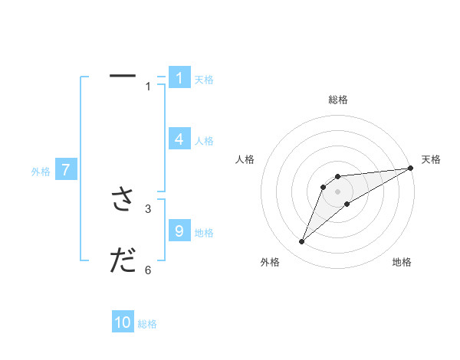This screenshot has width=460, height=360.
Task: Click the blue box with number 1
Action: [x=179, y=77]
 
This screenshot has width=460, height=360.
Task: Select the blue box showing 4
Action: [x=179, y=139]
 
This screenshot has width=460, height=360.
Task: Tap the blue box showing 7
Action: [x=66, y=170]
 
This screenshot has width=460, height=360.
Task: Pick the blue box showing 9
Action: [x=179, y=231]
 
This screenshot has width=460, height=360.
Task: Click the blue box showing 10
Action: [x=123, y=322]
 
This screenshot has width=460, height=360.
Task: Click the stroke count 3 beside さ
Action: [x=149, y=208]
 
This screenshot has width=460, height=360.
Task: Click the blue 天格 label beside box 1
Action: [x=204, y=80]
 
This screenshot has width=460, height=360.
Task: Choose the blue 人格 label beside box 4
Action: [x=204, y=141]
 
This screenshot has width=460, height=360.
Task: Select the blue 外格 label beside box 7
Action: [x=41, y=172]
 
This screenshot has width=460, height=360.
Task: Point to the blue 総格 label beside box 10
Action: [x=147, y=325]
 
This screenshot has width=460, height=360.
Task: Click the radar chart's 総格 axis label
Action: [x=338, y=100]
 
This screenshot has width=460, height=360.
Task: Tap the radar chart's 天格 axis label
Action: [x=431, y=159]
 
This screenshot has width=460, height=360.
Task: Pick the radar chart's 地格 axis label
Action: [x=402, y=263]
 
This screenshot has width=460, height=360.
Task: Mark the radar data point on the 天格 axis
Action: [x=410, y=168]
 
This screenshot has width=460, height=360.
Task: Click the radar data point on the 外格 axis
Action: [x=301, y=242]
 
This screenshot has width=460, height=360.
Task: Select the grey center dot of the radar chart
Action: [x=338, y=191]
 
